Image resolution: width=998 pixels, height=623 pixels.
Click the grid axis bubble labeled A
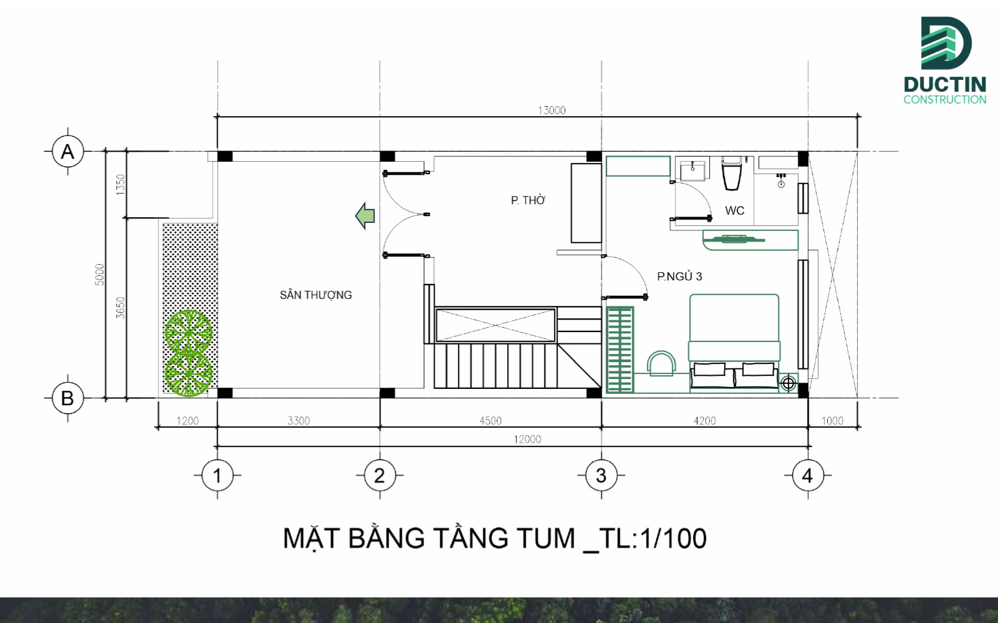[67, 152]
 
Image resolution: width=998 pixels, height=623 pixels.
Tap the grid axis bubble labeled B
[67, 398]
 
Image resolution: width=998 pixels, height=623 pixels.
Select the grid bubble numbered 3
[601, 476]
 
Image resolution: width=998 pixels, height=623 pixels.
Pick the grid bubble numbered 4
[807, 476]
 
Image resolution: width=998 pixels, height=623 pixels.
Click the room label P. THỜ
[528, 200]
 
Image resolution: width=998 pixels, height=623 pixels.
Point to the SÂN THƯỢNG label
[316, 295]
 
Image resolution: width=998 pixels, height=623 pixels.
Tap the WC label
[734, 211]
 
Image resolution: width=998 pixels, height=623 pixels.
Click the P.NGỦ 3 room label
[679, 277]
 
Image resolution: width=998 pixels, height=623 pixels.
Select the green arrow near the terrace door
[365, 216]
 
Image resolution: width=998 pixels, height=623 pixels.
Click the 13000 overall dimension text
[551, 110]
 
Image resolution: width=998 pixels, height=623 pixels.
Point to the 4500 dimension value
[490, 421]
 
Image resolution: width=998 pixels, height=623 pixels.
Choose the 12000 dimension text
[527, 439]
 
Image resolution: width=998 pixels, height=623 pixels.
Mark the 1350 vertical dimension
[120, 184]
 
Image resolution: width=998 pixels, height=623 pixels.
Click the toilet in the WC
[732, 174]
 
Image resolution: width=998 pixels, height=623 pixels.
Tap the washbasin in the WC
[692, 170]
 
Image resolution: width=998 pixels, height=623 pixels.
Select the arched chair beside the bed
[661, 363]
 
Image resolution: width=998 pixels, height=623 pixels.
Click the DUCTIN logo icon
[945, 42]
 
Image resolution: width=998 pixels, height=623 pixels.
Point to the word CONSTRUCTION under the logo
[944, 99]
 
